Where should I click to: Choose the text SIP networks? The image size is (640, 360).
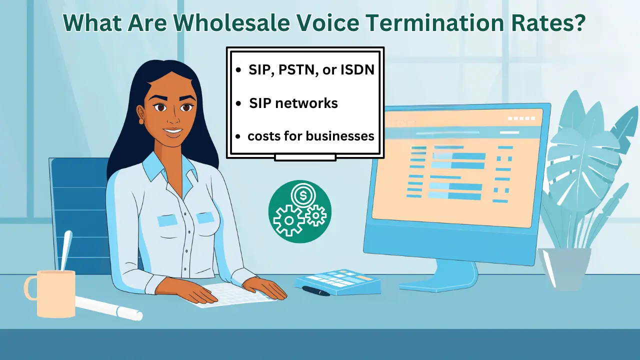pos(293,103)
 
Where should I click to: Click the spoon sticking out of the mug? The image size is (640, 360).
pos(65,250)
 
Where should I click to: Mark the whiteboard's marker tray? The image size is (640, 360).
pos(305,157)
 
